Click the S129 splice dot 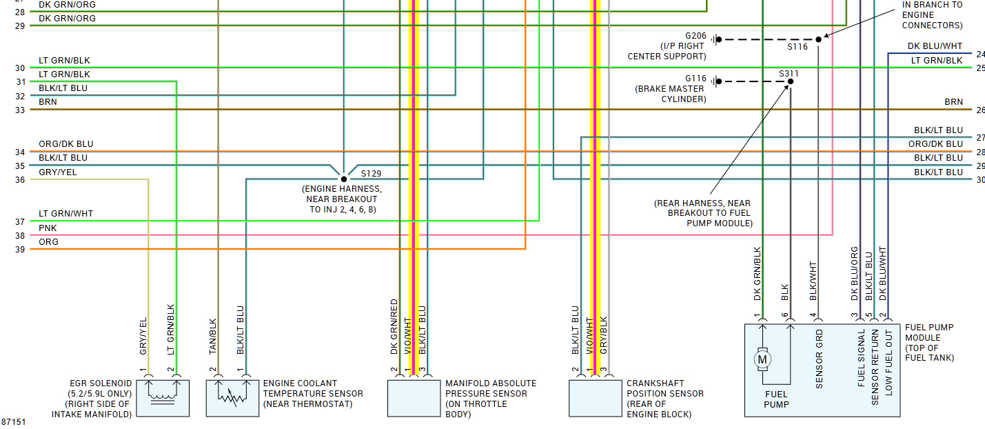(x=343, y=179)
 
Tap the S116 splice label (x=798, y=47)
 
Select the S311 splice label (x=789, y=73)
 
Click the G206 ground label (x=697, y=35)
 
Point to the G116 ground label (x=697, y=79)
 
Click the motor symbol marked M (x=762, y=359)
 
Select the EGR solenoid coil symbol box (x=163, y=398)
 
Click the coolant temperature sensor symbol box (x=232, y=398)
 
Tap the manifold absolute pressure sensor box (x=414, y=398)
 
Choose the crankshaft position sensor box (x=595, y=398)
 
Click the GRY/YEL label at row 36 (x=58, y=172)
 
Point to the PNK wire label (x=48, y=228)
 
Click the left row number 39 (x=20, y=250)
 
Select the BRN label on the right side (x=953, y=102)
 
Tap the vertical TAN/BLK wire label (x=213, y=336)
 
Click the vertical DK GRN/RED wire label (x=394, y=327)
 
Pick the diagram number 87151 (x=14, y=421)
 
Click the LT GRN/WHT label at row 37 (x=65, y=214)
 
